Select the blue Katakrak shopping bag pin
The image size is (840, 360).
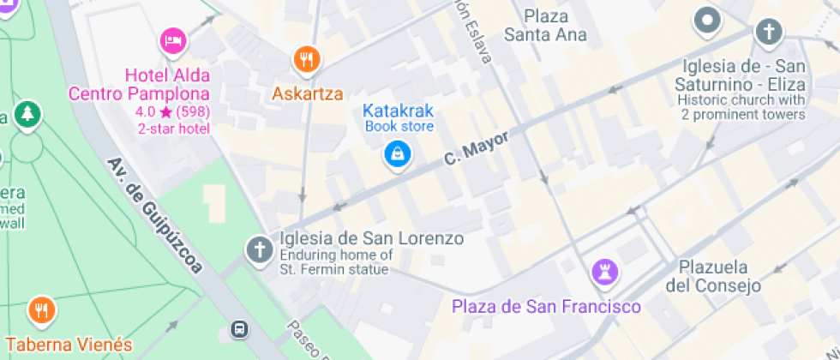pyautogui.click(x=397, y=155)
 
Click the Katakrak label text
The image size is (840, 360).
pyautogui.click(x=399, y=111)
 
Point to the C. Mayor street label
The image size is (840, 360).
pyautogui.click(x=477, y=148)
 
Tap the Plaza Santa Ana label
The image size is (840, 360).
pyautogui.click(x=545, y=26)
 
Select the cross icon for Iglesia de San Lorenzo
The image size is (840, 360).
pyautogui.click(x=258, y=250)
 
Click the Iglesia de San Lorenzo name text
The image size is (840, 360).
pyautogui.click(x=372, y=238)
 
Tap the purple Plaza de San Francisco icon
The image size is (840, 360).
pyautogui.click(x=606, y=272)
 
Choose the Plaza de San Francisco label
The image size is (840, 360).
pyautogui.click(x=547, y=306)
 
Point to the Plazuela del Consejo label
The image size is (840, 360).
pyautogui.click(x=714, y=276)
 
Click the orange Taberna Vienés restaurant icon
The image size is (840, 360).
pyautogui.click(x=41, y=310)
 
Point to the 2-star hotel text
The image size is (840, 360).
pyautogui.click(x=174, y=129)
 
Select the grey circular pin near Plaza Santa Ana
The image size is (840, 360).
pyautogui.click(x=708, y=20)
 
